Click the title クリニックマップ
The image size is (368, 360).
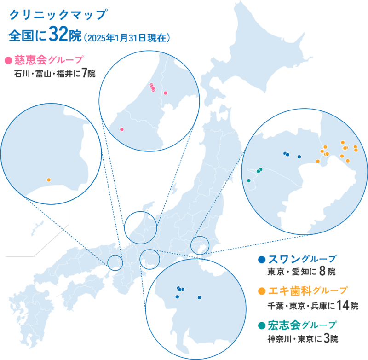point(57,15)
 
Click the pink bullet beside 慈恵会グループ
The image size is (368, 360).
point(7,60)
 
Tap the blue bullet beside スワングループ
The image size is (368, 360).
point(262,259)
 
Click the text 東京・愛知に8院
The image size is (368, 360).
point(301,272)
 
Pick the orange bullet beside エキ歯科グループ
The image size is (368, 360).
point(262,291)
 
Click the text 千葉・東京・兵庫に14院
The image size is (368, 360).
point(312,305)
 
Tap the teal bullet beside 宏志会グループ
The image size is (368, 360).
point(262,325)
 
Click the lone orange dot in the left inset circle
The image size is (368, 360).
point(49,180)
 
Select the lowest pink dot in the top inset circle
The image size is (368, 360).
point(122,129)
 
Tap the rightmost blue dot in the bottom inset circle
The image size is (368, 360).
point(199,297)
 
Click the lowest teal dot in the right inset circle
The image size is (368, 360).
point(249,180)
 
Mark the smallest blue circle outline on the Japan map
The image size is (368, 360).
point(115,262)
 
